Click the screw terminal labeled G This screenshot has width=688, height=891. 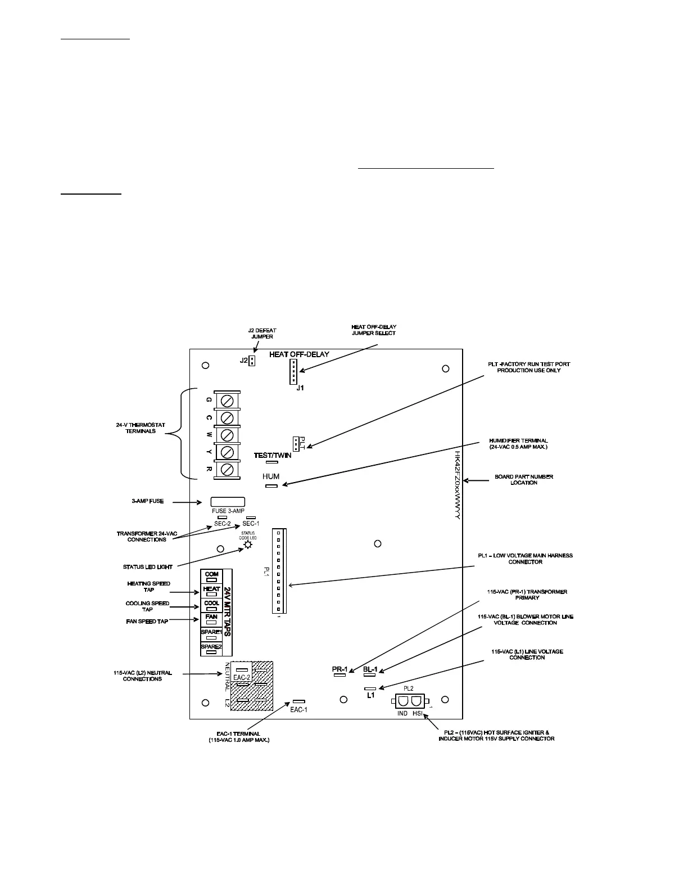tap(227, 400)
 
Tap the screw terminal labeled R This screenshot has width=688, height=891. tap(227, 469)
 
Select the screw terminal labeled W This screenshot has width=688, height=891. tap(227, 435)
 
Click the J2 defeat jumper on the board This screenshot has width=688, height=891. tap(252, 361)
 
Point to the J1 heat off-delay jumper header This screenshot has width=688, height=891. tap(293, 372)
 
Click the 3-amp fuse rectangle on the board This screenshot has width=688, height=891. tap(228, 502)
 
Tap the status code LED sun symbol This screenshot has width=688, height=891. tap(248, 544)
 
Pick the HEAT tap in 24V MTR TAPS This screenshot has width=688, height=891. tap(212, 591)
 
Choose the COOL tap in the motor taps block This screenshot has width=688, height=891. tap(212, 605)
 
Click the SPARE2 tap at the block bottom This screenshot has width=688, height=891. tap(212, 649)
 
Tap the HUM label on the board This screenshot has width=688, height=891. tap(271, 476)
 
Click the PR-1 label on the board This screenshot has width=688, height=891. tap(340, 669)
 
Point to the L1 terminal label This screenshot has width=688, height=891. tap(370, 696)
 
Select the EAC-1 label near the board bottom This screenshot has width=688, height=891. tap(298, 710)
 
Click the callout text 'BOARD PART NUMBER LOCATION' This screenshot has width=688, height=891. tap(524, 480)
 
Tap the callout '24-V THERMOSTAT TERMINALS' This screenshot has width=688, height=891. tap(137, 428)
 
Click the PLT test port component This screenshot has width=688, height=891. tap(296, 443)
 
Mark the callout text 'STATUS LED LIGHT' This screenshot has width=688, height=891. tap(148, 567)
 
